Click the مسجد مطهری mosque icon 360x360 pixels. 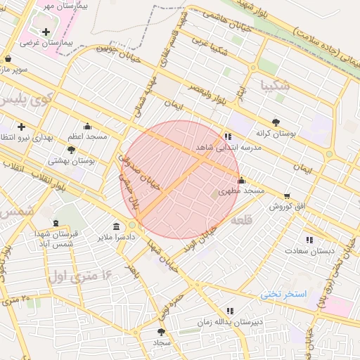pos(242,180)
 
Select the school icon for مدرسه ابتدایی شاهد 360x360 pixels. pos(227,136)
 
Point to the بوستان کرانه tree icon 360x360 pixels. pos(276,122)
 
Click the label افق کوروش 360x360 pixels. pos(285,207)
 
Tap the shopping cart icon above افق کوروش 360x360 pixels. pos(287,196)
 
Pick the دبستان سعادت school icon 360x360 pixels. pos(309,240)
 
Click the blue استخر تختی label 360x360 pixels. pos(285,293)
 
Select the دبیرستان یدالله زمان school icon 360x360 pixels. pos(230,311)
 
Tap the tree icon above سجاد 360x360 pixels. pos(162,331)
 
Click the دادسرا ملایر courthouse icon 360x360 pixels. pos(117,226)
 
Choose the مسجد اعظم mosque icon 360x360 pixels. pos(87,127)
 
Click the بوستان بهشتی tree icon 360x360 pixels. pos(71,150)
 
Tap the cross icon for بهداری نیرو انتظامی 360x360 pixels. pos(21,127)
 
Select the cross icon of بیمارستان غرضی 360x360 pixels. pos(46,32)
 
